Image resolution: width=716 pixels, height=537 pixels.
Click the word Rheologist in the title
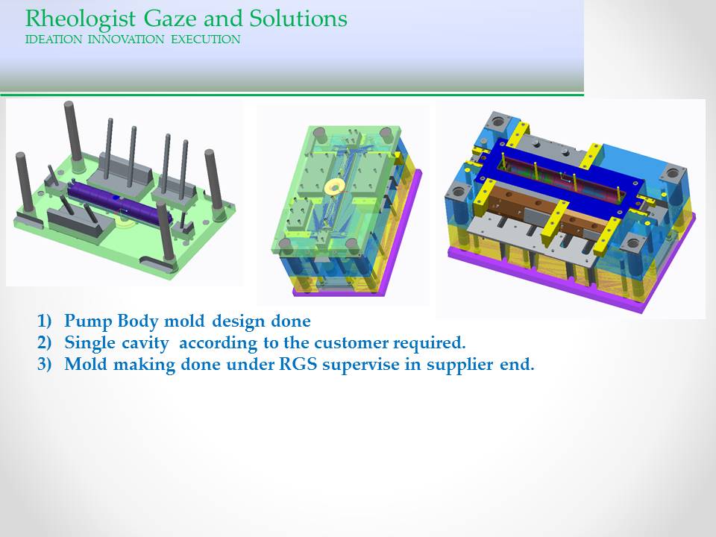(x=81, y=19)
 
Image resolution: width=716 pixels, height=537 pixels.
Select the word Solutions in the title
(x=298, y=18)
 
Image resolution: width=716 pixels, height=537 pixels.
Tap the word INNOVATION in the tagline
(x=126, y=40)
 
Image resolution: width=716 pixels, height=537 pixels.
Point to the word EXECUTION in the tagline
(x=206, y=40)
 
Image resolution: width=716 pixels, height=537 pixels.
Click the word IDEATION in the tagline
(x=54, y=40)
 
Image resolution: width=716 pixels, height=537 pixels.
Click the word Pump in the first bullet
(x=88, y=321)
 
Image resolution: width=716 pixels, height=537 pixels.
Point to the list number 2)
(x=45, y=343)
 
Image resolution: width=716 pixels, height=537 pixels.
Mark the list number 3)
(x=45, y=365)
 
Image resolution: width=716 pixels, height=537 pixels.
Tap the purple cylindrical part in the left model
(x=119, y=204)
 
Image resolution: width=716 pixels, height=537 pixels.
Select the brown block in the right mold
(x=548, y=210)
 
